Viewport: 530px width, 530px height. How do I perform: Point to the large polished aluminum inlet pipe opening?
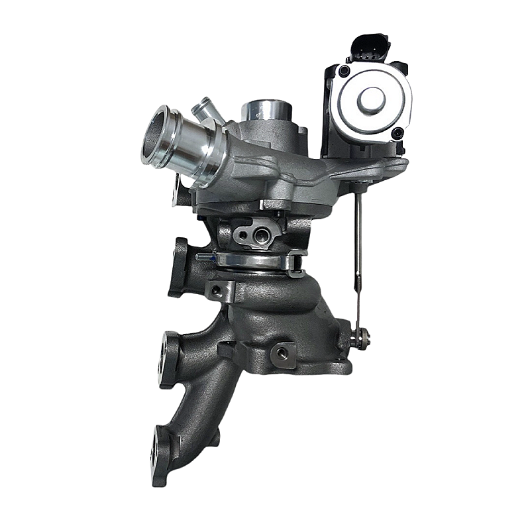point(159,136)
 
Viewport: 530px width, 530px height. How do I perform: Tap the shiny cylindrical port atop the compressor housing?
point(264,112)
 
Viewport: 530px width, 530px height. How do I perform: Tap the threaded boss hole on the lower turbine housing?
point(284,353)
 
